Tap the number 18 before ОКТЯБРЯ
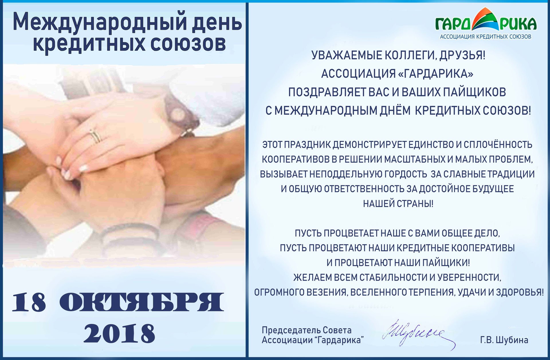coord(29,303)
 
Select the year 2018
coord(119,333)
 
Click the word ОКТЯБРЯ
coord(142,302)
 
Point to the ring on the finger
coord(95,135)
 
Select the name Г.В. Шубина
coord(504,340)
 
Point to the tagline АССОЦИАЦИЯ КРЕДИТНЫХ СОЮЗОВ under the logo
coord(486,37)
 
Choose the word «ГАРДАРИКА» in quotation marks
coord(436,74)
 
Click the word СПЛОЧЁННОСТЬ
coord(498,145)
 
